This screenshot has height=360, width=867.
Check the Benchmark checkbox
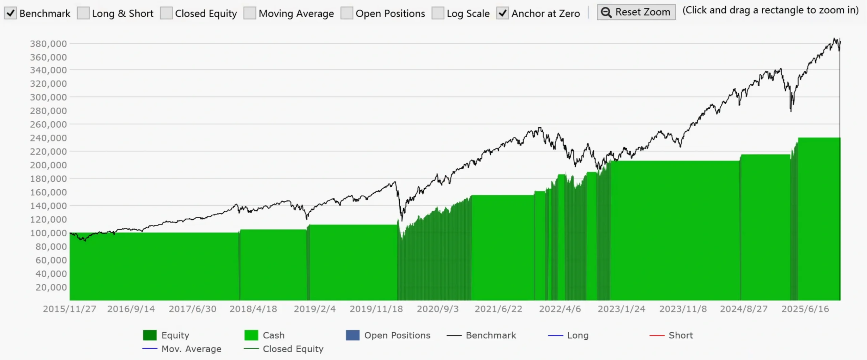pos(10,13)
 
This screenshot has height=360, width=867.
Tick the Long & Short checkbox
pos(83,13)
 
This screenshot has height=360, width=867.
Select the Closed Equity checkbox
pos(166,13)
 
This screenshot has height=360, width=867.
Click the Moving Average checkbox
pos(250,13)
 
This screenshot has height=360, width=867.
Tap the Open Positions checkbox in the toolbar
pos(346,13)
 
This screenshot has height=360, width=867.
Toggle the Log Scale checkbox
pos(438,13)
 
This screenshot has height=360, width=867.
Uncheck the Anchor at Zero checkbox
pos(503,13)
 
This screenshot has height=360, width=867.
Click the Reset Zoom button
pos(636,12)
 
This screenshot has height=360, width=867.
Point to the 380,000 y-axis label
pos(48,44)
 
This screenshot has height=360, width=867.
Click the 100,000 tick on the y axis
pos(48,233)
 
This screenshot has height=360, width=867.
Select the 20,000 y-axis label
pos(51,288)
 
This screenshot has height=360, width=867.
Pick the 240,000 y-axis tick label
pos(48,138)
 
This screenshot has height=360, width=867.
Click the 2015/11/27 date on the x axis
pos(69,309)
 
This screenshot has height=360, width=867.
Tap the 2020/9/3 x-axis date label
pos(438,309)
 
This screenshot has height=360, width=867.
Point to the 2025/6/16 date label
pos(805,309)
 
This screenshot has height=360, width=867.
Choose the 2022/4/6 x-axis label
pos(560,309)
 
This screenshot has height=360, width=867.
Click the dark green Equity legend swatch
pos(150,335)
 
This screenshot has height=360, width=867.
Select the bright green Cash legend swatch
pos(251,335)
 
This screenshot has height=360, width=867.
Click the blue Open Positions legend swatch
pos(353,335)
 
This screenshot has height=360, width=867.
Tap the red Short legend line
pos(657,335)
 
